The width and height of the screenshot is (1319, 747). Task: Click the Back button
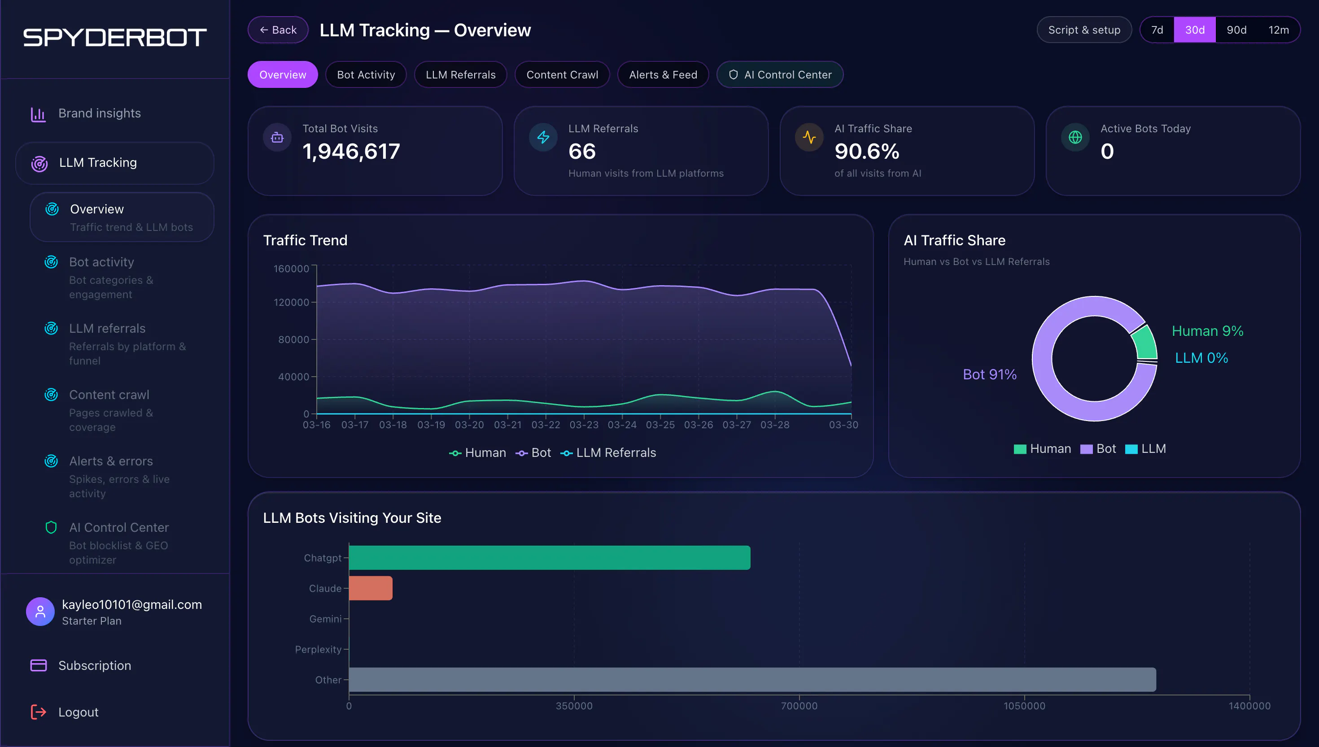(278, 30)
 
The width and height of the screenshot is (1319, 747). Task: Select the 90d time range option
(1236, 30)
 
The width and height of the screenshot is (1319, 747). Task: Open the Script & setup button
(1084, 30)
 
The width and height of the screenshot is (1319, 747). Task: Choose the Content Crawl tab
(562, 74)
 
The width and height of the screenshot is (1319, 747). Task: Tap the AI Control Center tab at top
(780, 74)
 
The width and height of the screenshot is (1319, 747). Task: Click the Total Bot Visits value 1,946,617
(351, 152)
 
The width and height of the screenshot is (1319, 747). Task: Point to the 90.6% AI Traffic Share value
(867, 152)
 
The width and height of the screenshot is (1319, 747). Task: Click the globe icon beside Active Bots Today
(1075, 138)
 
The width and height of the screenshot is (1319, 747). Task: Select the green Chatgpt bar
(549, 558)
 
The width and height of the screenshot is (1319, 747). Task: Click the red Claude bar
(371, 588)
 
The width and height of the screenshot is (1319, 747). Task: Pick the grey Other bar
(752, 679)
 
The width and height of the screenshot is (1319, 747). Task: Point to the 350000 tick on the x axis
(574, 706)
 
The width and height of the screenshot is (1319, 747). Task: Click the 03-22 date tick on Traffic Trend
(546, 425)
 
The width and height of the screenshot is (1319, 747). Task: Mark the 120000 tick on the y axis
(292, 302)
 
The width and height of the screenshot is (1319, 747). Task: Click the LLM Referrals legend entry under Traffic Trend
(608, 452)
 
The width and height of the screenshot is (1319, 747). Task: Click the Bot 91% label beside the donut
(990, 374)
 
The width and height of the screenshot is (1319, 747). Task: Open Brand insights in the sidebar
(100, 113)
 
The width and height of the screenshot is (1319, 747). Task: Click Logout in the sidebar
(78, 712)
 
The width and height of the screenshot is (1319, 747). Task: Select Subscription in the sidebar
(94, 665)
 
